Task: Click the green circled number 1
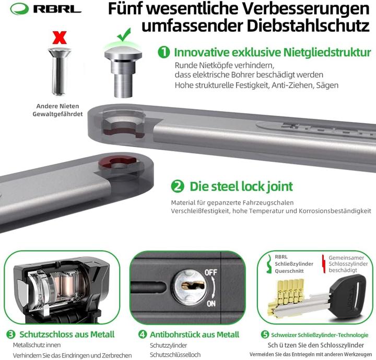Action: point(164,52)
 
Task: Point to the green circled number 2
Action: point(178,186)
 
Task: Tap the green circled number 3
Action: point(10,334)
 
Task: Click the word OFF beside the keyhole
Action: point(210,272)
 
